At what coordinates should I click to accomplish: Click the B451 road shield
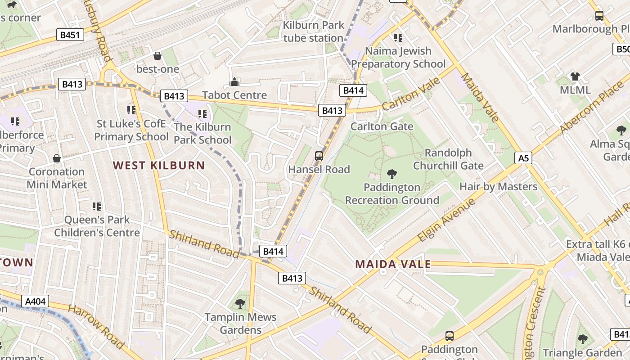click(x=70, y=35)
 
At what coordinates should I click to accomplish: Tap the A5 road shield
click(x=523, y=158)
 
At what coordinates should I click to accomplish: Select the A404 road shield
click(x=35, y=301)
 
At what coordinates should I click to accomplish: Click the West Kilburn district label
click(x=159, y=165)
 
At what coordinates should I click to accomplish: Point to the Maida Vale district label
click(x=393, y=264)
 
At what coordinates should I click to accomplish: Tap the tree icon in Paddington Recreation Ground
click(x=391, y=174)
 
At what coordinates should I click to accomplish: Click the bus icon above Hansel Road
click(x=319, y=156)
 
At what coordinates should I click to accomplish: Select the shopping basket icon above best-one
click(x=157, y=56)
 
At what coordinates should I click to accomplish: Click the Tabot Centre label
click(x=234, y=95)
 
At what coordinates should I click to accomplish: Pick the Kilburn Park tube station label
click(x=313, y=31)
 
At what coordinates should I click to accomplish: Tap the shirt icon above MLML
click(x=575, y=76)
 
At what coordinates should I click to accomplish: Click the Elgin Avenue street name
click(x=446, y=219)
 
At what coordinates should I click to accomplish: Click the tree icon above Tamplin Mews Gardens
click(x=240, y=303)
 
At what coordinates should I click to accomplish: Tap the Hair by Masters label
click(x=498, y=186)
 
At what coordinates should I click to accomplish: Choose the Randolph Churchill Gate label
click(x=448, y=159)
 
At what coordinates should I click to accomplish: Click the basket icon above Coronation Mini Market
click(x=57, y=158)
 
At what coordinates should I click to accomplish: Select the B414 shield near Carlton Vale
click(x=353, y=90)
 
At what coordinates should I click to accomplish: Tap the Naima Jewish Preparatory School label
click(x=398, y=58)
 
